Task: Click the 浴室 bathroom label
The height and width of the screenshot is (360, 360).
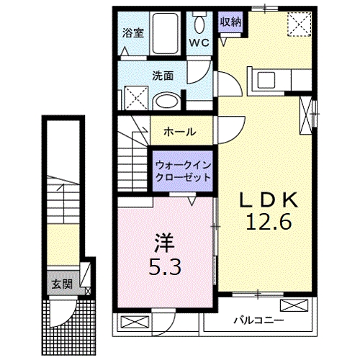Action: [132, 32]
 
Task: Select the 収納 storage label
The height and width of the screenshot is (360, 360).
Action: [231, 21]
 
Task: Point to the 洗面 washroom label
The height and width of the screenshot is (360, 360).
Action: [162, 74]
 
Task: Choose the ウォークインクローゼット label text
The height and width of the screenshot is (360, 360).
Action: [183, 170]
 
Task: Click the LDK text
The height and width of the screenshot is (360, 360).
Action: [268, 199]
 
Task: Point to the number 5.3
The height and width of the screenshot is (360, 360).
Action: [165, 266]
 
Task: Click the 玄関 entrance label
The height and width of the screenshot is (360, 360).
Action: [60, 283]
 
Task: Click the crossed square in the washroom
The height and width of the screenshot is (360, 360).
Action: [133, 97]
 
